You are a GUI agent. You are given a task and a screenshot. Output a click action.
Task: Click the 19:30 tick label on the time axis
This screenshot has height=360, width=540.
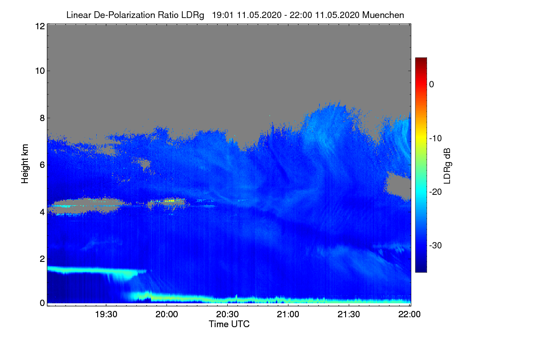point(106,315)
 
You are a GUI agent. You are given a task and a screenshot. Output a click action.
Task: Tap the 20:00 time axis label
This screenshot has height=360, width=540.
point(166,315)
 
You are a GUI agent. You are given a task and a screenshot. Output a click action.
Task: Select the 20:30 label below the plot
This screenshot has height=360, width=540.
point(227,315)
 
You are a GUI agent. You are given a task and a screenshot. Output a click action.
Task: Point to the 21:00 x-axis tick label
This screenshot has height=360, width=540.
point(288,315)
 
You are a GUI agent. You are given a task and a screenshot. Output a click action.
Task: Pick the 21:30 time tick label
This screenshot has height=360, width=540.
point(349,315)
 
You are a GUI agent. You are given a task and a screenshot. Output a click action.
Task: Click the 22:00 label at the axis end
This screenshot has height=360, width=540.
point(409,315)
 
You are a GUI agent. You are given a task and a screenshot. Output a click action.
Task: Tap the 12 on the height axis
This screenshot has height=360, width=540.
point(40,26)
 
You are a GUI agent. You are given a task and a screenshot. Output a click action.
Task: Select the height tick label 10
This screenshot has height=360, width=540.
point(40,71)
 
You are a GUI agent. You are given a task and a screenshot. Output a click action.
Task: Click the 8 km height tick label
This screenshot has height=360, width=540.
point(42,118)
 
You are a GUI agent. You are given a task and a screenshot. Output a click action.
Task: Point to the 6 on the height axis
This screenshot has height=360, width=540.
point(42,165)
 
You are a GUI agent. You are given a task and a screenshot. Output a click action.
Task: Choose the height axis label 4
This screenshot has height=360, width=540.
point(42,212)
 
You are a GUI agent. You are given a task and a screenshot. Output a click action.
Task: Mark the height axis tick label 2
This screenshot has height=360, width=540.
point(42,259)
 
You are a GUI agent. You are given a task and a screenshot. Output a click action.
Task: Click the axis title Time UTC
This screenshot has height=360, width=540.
point(229,324)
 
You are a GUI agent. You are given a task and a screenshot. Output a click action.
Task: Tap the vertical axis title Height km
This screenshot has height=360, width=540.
point(25,164)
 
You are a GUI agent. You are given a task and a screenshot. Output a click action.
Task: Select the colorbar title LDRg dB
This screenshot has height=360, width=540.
point(447,166)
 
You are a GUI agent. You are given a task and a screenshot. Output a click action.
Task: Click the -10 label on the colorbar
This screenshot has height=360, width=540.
point(436,139)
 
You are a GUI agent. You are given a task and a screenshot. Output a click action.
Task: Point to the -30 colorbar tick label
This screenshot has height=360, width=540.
point(436,245)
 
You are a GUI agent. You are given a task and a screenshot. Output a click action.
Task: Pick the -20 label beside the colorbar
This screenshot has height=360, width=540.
point(436,192)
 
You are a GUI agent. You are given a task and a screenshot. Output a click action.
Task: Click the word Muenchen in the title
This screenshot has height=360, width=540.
point(383,15)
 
